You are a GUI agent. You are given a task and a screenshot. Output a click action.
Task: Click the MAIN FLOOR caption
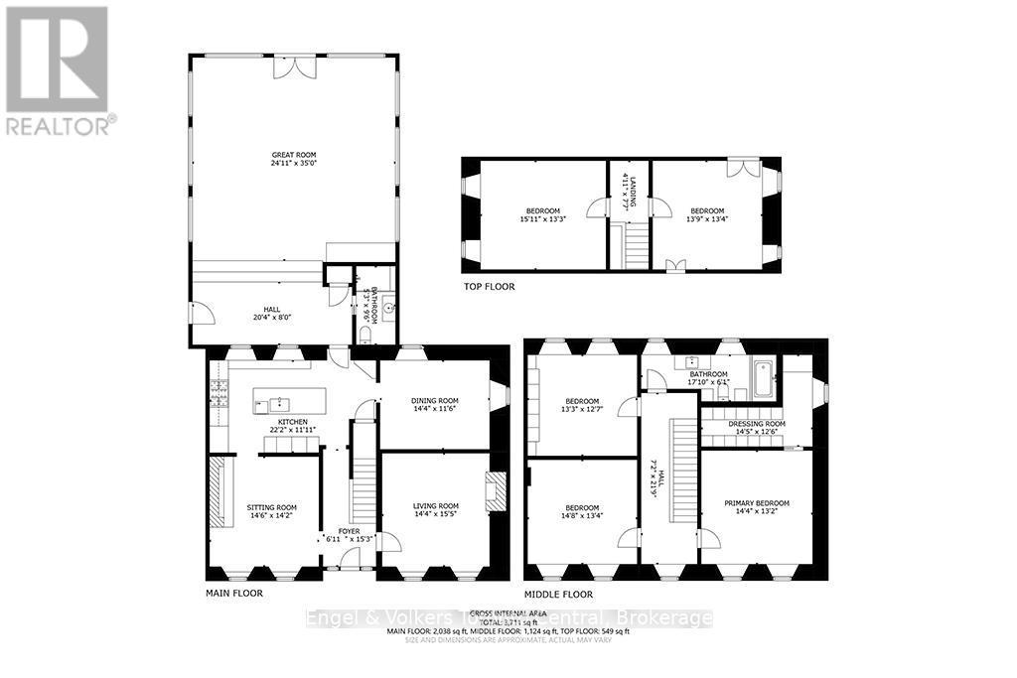point(235,593)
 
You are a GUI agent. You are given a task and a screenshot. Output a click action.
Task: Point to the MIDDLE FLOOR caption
point(558,594)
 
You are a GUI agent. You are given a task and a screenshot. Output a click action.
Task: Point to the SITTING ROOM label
point(272,506)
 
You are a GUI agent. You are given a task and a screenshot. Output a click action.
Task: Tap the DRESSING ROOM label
point(757,424)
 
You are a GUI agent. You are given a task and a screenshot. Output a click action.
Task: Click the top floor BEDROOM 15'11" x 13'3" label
point(542,210)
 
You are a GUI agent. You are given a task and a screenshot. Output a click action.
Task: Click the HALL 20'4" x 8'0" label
point(272,309)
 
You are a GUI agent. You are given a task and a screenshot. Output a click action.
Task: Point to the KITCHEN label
point(292,422)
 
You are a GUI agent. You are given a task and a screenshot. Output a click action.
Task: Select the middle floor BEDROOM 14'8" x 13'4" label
point(582,507)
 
